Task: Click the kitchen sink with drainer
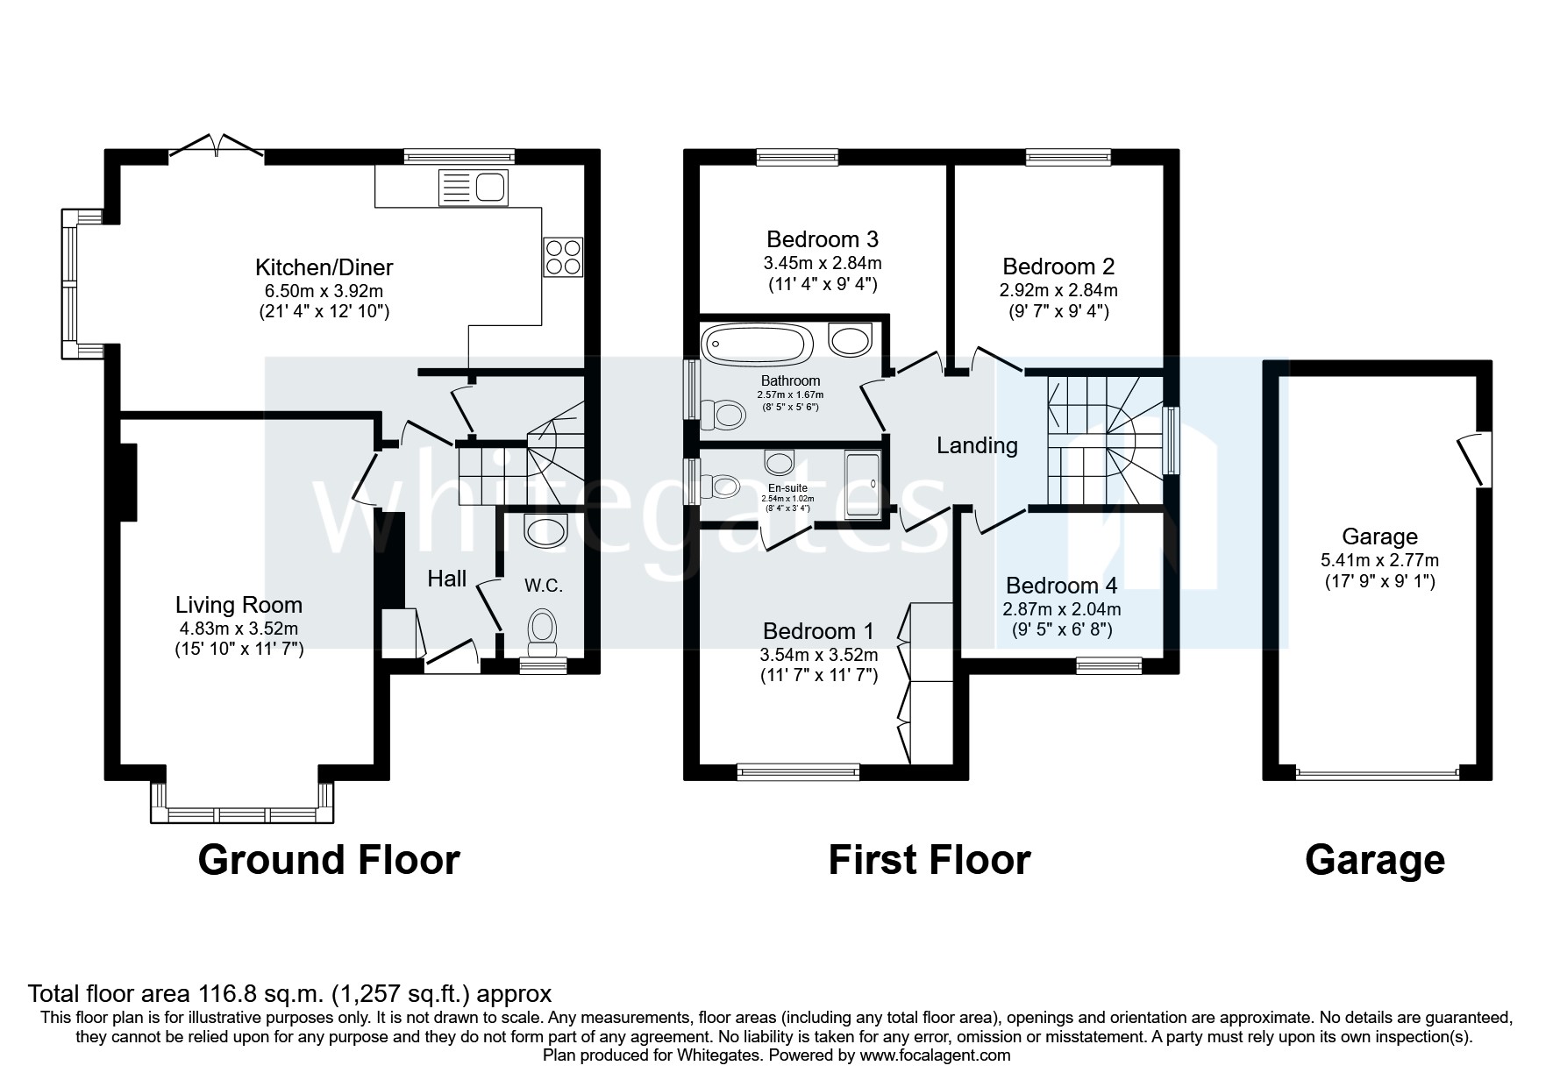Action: coord(474,186)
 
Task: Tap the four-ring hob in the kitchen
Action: coord(563,257)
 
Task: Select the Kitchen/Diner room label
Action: coord(324,267)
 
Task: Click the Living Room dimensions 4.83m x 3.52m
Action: coord(239,628)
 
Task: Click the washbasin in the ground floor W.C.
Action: coord(545,530)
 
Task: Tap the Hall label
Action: coord(446,579)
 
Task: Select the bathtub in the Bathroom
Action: coord(757,345)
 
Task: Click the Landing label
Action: coord(977,445)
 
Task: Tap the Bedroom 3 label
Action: coord(822,239)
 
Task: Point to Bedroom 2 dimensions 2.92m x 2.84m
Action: coord(1059,290)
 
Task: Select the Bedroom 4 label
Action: coord(1062,586)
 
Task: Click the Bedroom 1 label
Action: coord(818,631)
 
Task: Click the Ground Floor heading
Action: coord(329,860)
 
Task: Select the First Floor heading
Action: coord(929,860)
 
